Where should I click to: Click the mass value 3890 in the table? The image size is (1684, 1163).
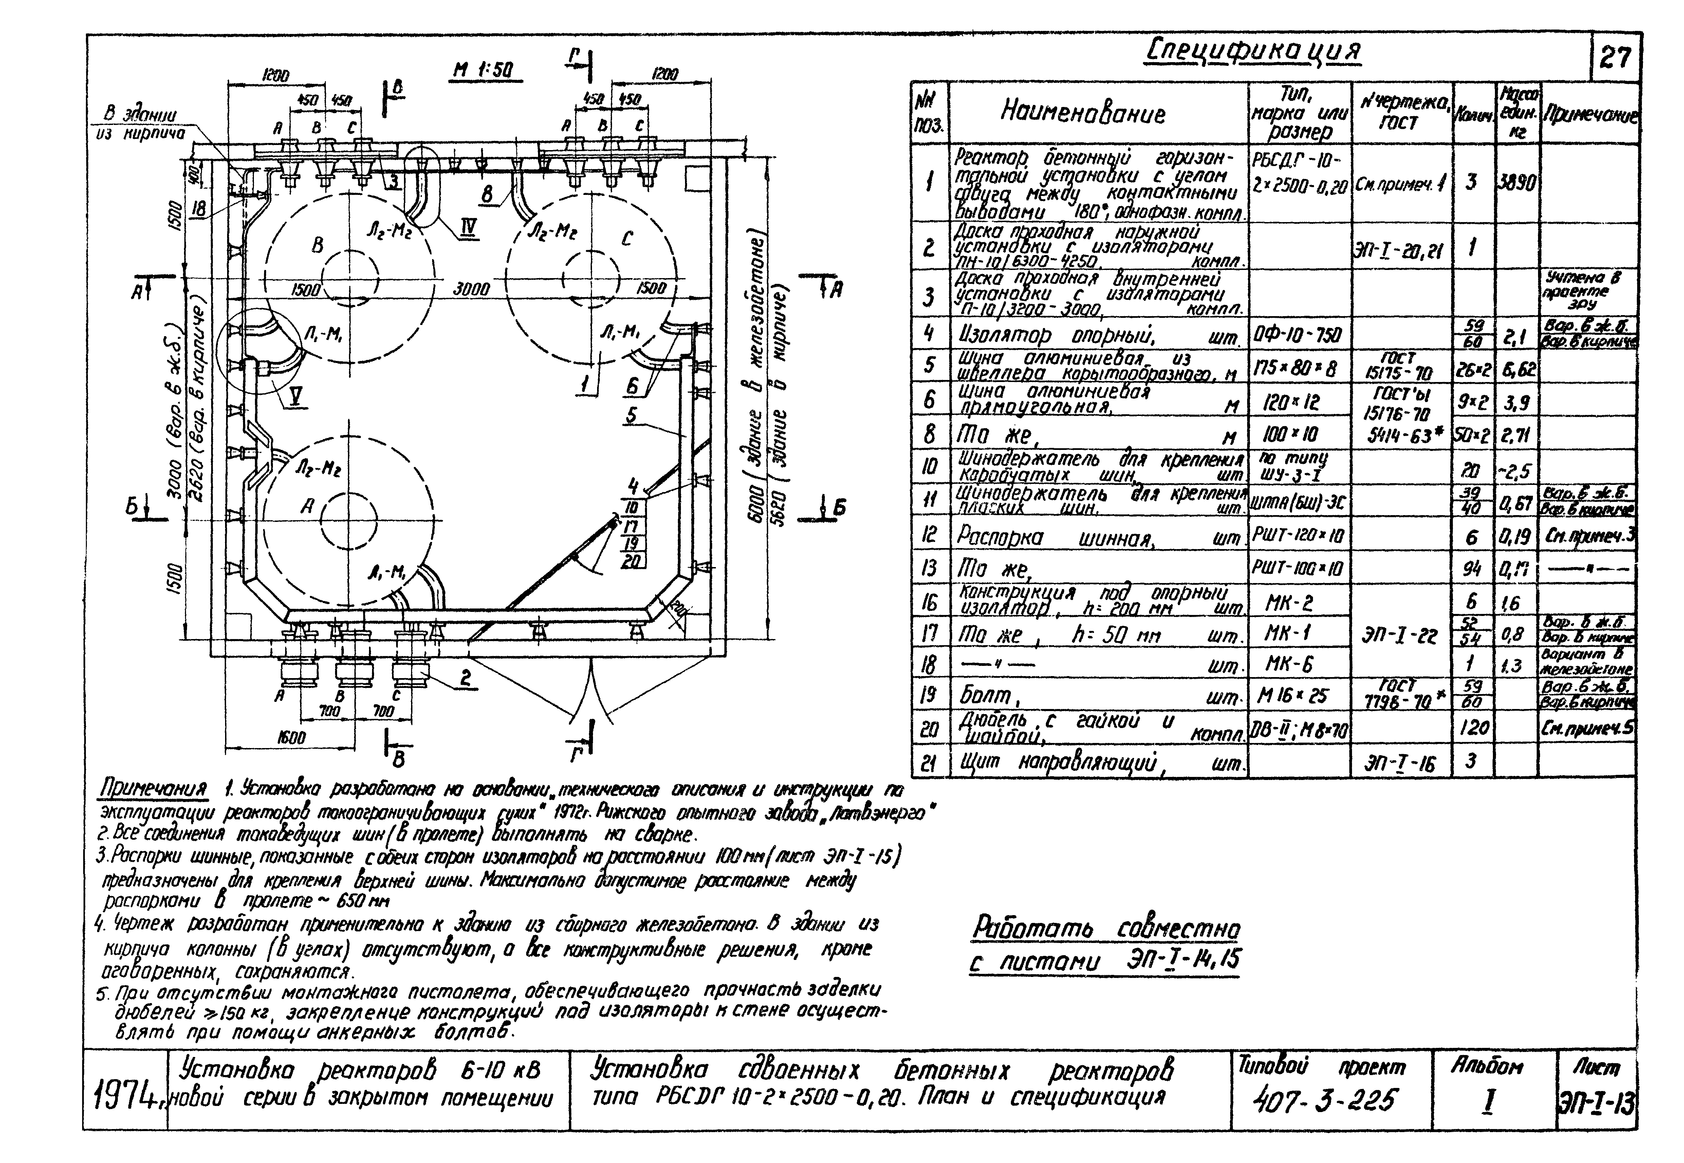[x=1518, y=182]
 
